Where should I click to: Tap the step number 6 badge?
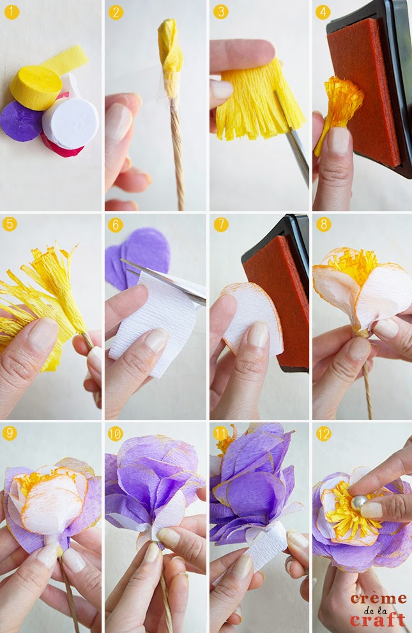coord(116,224)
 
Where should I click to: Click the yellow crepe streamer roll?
coord(36,87)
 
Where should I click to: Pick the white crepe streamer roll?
coord(70,123)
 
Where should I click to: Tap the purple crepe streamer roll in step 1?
coord(21,121)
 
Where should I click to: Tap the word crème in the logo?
coord(378,599)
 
